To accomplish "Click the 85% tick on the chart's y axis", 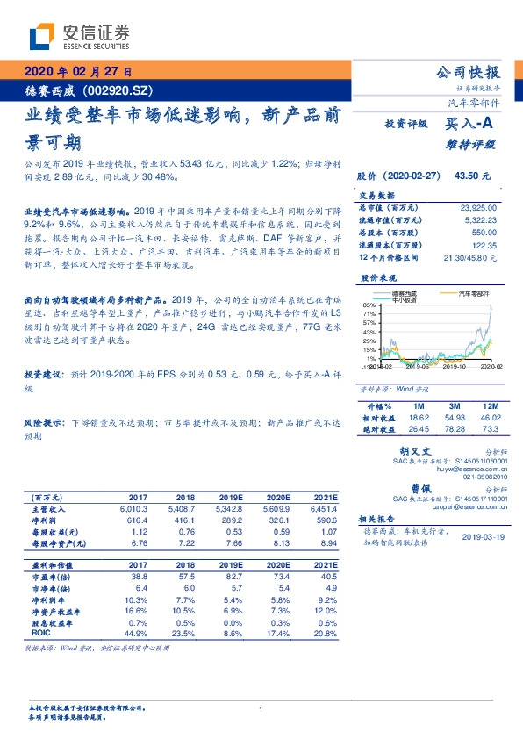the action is [369, 305].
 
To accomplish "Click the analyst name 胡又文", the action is [413, 451].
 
